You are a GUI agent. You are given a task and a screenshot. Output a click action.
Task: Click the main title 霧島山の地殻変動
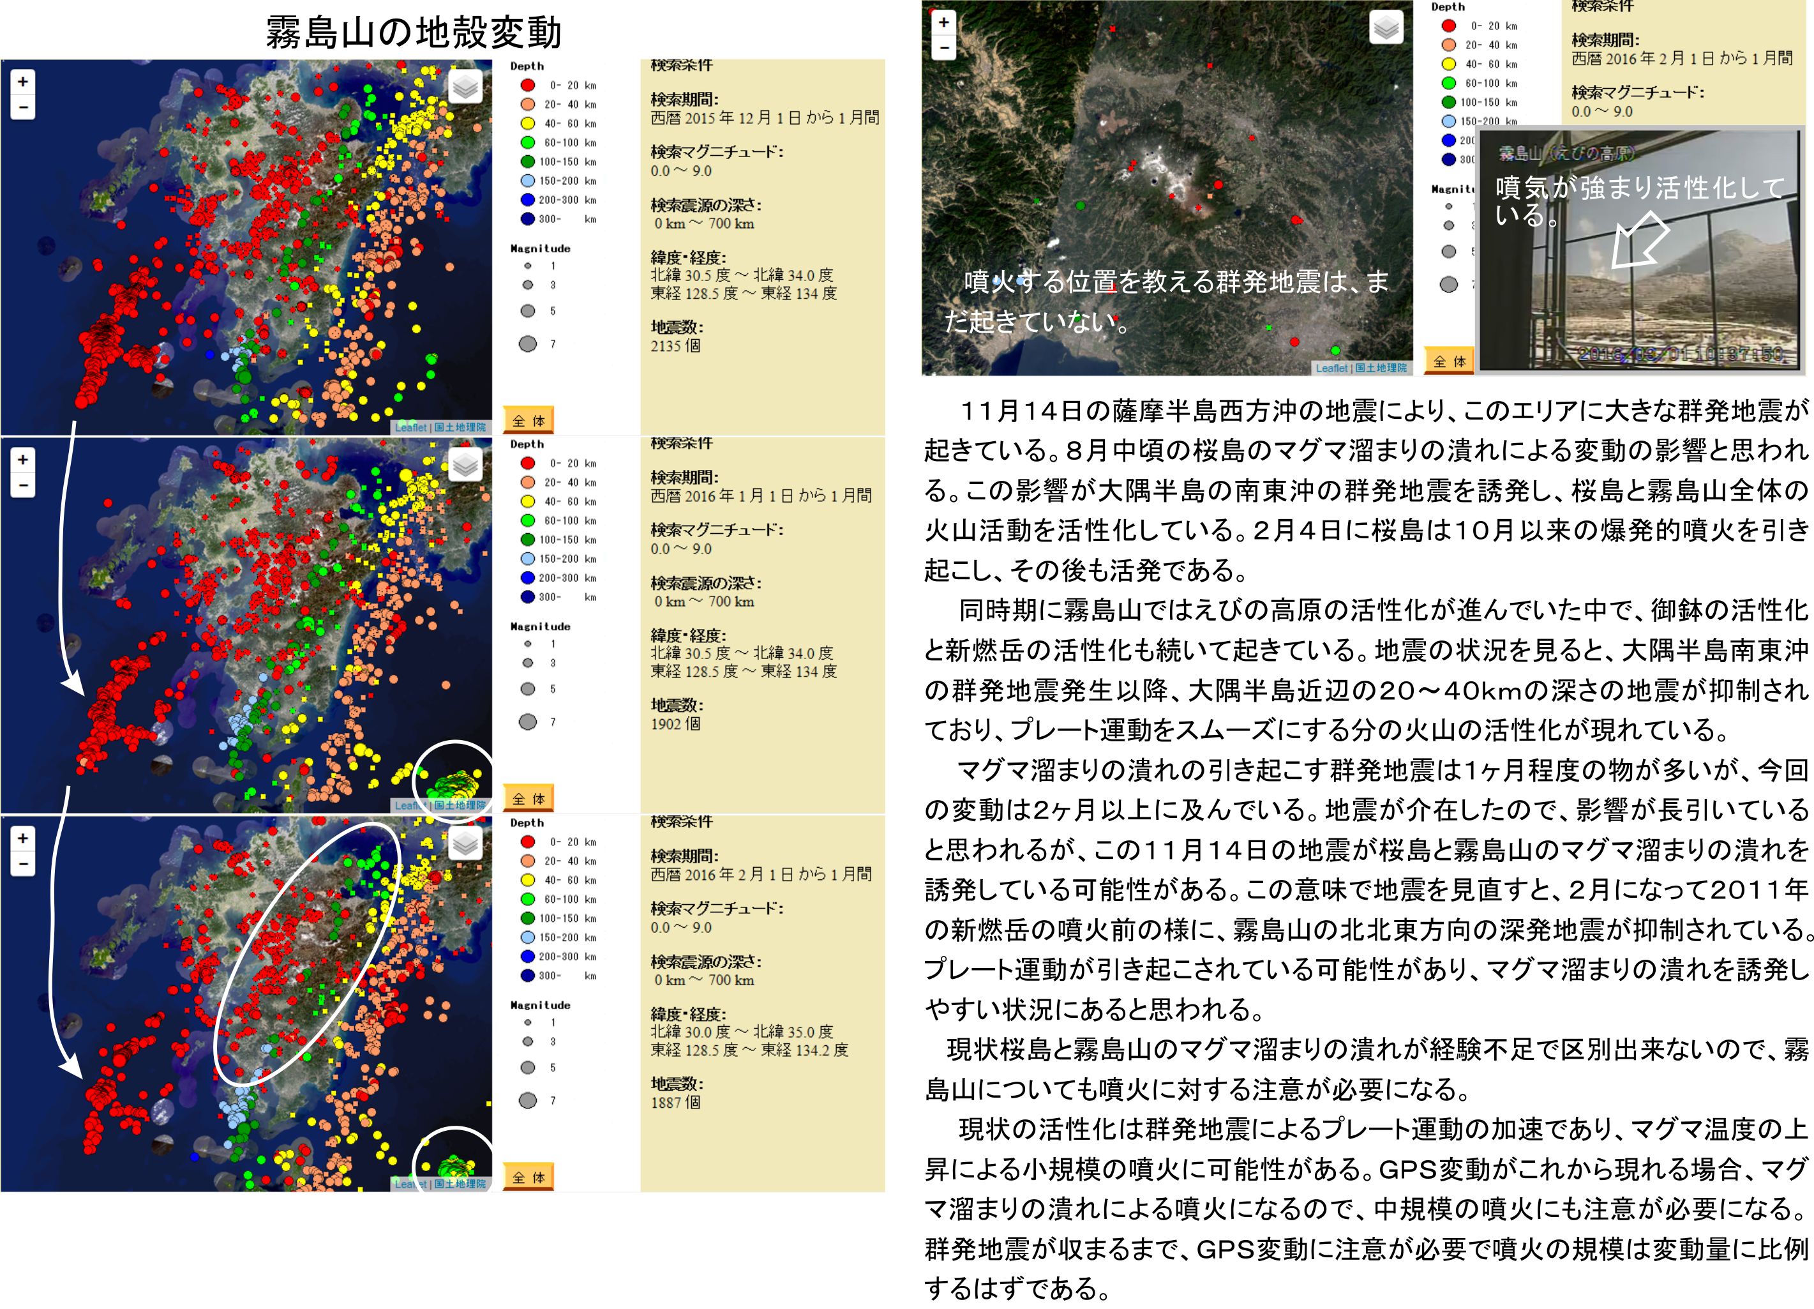(413, 33)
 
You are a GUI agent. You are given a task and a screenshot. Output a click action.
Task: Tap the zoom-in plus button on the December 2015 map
(22, 82)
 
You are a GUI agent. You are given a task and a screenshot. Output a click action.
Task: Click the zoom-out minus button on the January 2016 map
(22, 485)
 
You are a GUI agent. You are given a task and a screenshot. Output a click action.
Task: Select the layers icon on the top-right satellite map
(1386, 28)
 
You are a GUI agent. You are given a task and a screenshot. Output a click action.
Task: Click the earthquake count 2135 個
(675, 345)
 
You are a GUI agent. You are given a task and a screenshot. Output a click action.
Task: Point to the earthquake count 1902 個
(675, 724)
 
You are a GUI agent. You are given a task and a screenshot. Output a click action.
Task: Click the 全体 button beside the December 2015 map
(528, 421)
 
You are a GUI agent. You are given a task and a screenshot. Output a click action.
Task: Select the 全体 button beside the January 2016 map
(528, 799)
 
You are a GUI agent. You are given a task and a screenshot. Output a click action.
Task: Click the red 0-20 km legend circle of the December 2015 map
(528, 85)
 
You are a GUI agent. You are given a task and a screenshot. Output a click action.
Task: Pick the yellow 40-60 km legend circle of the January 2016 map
(528, 502)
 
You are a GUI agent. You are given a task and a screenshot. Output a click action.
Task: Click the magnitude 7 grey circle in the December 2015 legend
(528, 344)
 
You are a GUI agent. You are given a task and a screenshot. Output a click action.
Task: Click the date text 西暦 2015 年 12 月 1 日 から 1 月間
(765, 118)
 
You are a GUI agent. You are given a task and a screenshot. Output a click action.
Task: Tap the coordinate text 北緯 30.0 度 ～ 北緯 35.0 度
(742, 1032)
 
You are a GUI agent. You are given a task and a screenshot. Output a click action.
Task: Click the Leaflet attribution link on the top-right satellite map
(1331, 368)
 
